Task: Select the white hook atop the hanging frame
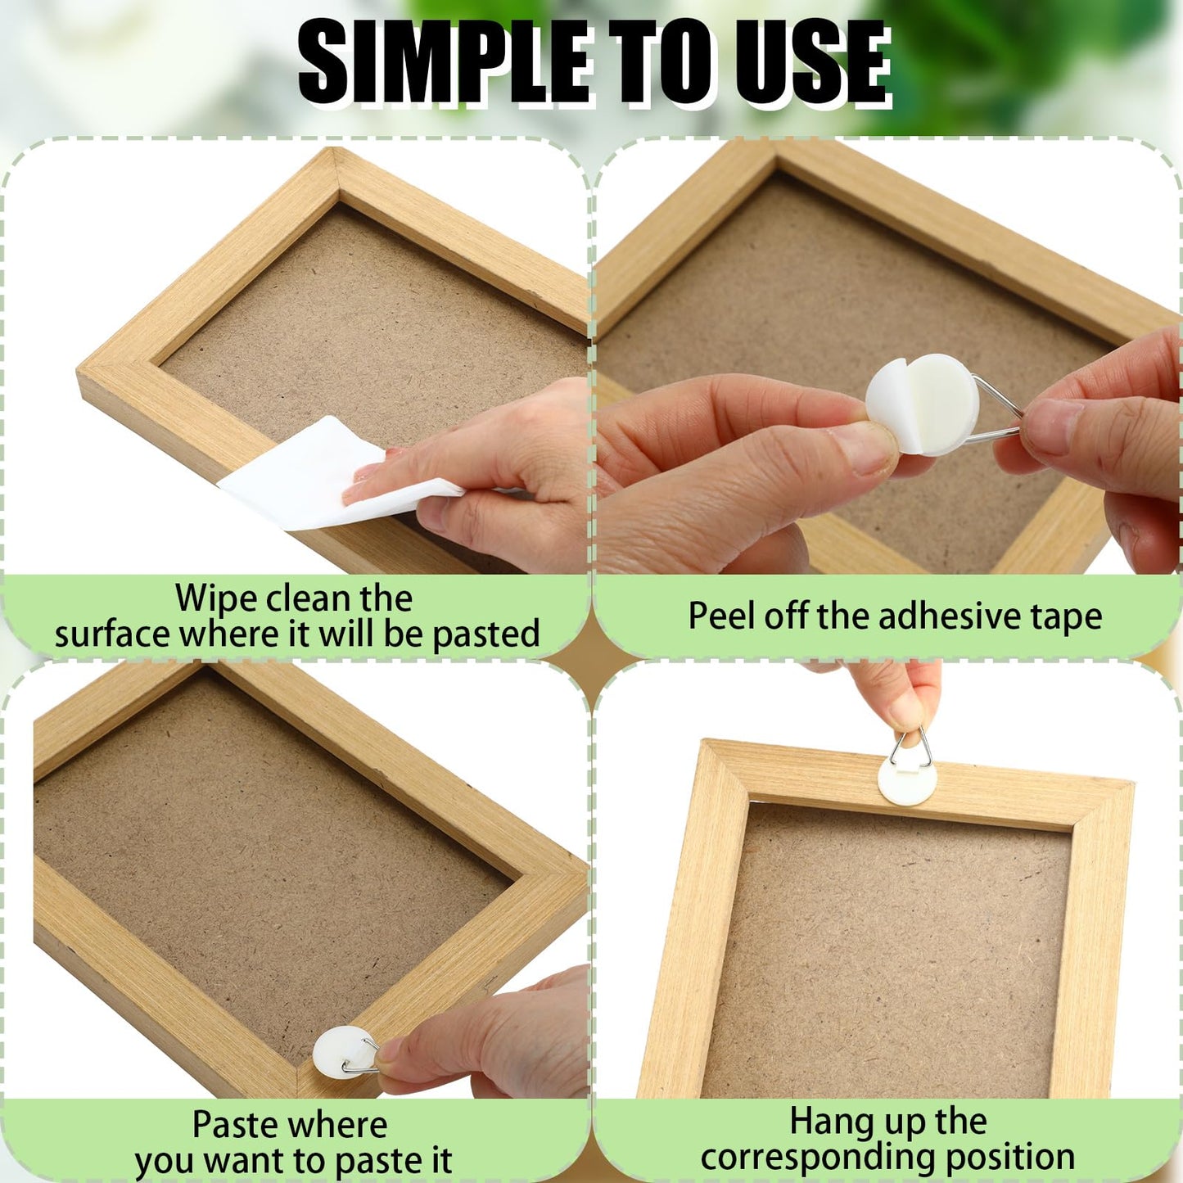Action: click(x=907, y=780)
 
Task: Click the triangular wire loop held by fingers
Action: click(x=911, y=750)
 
